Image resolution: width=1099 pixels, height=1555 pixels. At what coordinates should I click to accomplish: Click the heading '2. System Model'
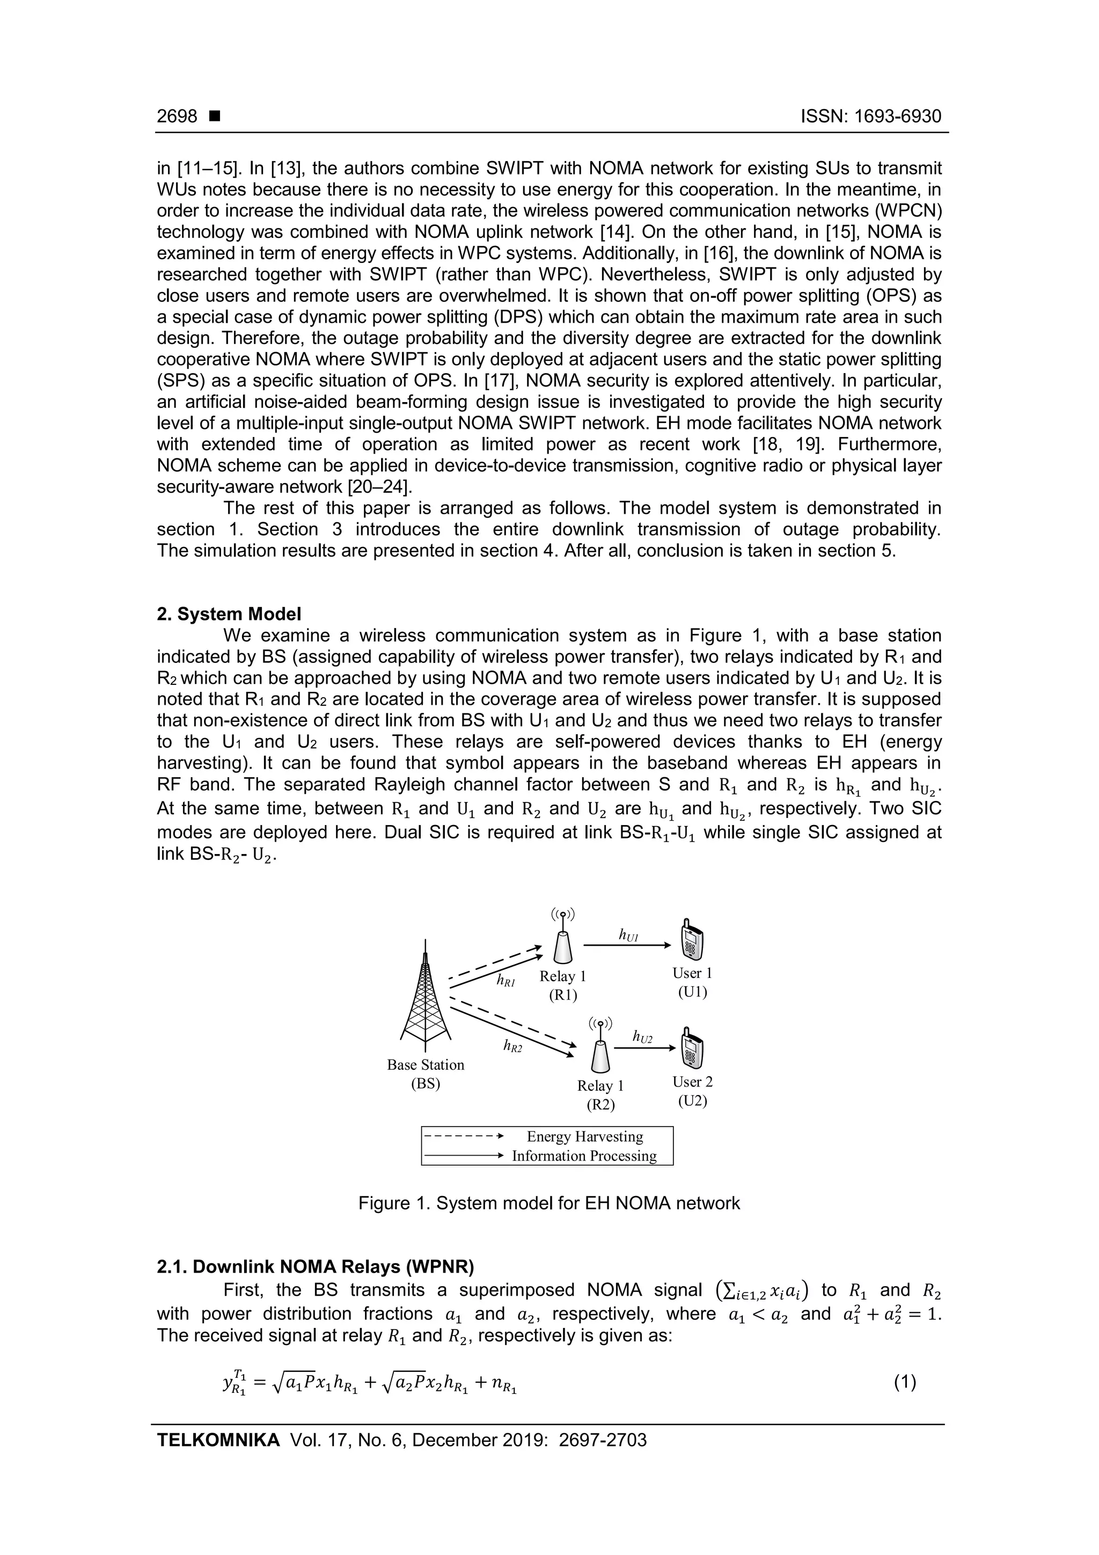[x=229, y=614]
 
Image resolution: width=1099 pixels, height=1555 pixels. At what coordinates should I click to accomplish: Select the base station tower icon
[x=425, y=997]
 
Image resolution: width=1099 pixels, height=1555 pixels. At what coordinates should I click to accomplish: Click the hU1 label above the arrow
[x=629, y=935]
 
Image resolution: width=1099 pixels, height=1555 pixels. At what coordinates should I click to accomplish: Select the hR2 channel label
[x=512, y=1046]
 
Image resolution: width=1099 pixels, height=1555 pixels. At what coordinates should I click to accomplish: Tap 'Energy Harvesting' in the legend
[x=585, y=1136]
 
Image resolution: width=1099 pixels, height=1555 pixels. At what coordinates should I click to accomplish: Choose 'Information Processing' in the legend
[x=584, y=1156]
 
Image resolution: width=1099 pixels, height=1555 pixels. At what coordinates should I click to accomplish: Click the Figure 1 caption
[x=548, y=1203]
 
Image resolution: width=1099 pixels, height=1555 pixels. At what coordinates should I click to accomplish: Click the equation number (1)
[x=905, y=1382]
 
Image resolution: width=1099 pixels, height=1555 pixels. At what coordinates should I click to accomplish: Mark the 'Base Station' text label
[x=425, y=1064]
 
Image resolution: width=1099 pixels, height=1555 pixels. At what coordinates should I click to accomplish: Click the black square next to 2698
[x=215, y=116]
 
